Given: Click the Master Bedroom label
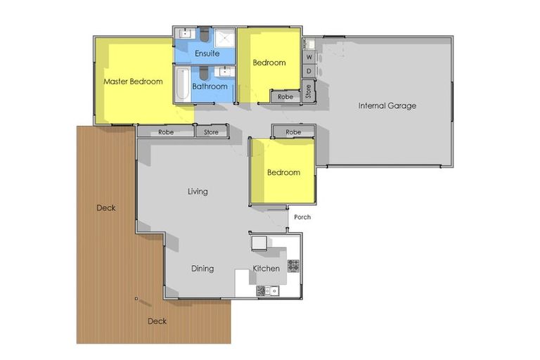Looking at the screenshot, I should click(x=133, y=82).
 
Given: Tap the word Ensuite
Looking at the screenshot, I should click(x=207, y=53).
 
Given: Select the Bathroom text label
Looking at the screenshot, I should click(x=210, y=86).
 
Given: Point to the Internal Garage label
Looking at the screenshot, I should click(x=387, y=106).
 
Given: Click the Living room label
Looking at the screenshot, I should click(x=198, y=191).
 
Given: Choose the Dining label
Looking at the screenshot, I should click(x=202, y=269).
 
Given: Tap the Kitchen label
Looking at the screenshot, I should click(x=266, y=269).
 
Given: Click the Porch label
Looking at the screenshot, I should click(x=302, y=217).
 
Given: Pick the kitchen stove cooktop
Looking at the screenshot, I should click(x=292, y=265).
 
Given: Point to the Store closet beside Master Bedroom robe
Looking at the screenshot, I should click(x=211, y=131).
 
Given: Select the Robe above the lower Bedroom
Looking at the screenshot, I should click(x=293, y=132).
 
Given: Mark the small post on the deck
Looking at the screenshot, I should click(x=136, y=299).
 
